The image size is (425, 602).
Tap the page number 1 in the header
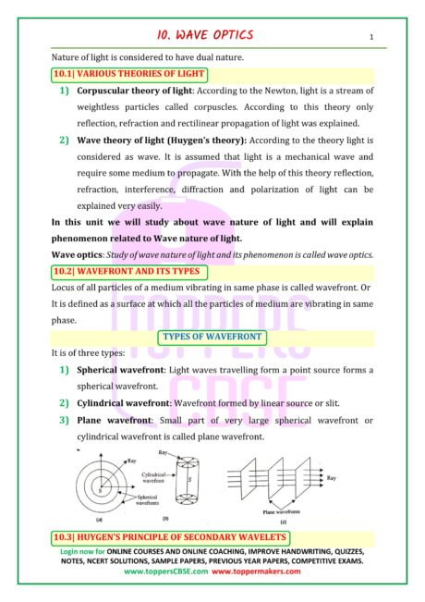pyautogui.click(x=370, y=38)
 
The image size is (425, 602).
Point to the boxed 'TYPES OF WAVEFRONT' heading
pyautogui.click(x=212, y=336)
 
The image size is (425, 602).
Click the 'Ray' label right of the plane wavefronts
pyautogui.click(x=357, y=478)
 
